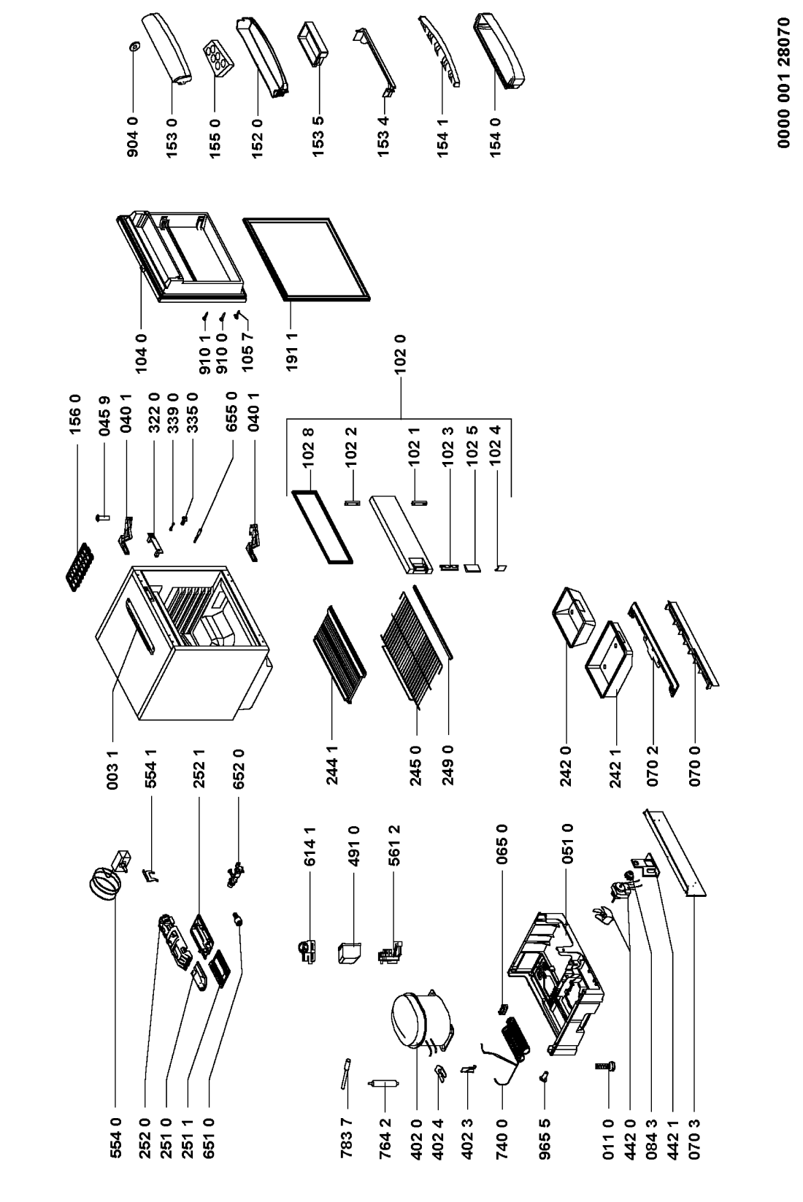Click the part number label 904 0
(x=133, y=137)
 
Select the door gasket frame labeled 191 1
(x=307, y=258)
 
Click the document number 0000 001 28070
(x=784, y=82)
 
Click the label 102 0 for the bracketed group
(x=400, y=354)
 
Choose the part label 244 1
(x=332, y=766)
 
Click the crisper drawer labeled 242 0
(x=573, y=617)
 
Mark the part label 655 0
(x=232, y=412)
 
